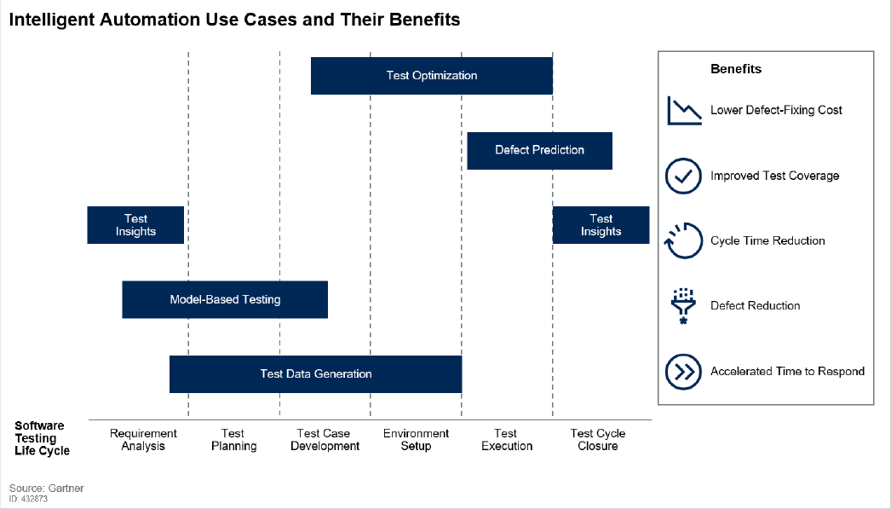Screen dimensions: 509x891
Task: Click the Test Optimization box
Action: pyautogui.click(x=431, y=76)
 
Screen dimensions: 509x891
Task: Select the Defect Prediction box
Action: pyautogui.click(x=539, y=150)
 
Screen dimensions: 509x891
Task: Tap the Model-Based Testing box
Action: pyautogui.click(x=225, y=299)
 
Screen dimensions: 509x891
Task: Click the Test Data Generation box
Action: pyautogui.click(x=315, y=373)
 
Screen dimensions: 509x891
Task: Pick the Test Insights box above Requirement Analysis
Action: pyautogui.click(x=135, y=225)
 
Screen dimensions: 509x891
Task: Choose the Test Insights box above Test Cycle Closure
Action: pyautogui.click(x=601, y=225)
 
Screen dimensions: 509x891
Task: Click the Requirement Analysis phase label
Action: pyautogui.click(x=143, y=440)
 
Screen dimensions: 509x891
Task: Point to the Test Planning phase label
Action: pyautogui.click(x=233, y=440)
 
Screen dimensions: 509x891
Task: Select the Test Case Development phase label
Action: pyautogui.click(x=325, y=440)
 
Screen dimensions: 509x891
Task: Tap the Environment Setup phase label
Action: pyautogui.click(x=416, y=440)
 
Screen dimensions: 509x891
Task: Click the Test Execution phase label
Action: pyautogui.click(x=506, y=440)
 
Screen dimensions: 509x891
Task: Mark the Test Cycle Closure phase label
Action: pyautogui.click(x=597, y=440)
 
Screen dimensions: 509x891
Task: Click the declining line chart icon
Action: pyautogui.click(x=684, y=111)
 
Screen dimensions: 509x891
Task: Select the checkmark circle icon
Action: pyautogui.click(x=682, y=176)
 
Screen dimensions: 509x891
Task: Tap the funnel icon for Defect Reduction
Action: pyautogui.click(x=682, y=305)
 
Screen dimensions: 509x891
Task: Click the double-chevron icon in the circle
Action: pyautogui.click(x=682, y=371)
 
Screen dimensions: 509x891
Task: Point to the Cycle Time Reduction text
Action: pyautogui.click(x=767, y=241)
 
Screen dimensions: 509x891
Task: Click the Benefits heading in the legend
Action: pyautogui.click(x=735, y=69)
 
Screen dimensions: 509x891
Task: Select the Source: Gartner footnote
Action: pyautogui.click(x=47, y=489)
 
